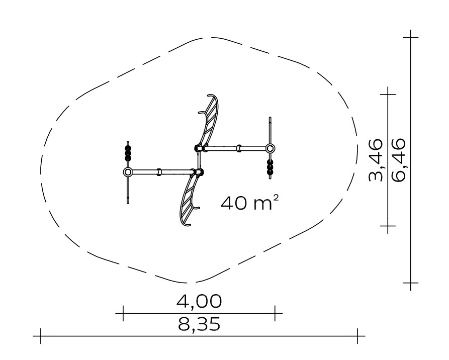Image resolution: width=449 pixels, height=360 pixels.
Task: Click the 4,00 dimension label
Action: point(199,302)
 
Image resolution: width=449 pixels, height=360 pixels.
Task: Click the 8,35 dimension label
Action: point(199,325)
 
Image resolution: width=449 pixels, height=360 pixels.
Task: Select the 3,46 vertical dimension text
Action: point(376,160)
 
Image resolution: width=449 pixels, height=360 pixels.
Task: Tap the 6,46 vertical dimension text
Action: point(399,160)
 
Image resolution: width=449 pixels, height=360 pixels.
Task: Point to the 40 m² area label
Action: point(249,203)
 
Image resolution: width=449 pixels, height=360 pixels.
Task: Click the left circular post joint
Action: point(128,172)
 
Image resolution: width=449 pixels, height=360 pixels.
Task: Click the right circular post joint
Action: point(270,149)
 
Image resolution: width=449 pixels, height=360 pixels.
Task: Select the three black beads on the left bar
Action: point(128,153)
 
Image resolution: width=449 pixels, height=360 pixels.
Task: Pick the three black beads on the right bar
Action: point(270,167)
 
